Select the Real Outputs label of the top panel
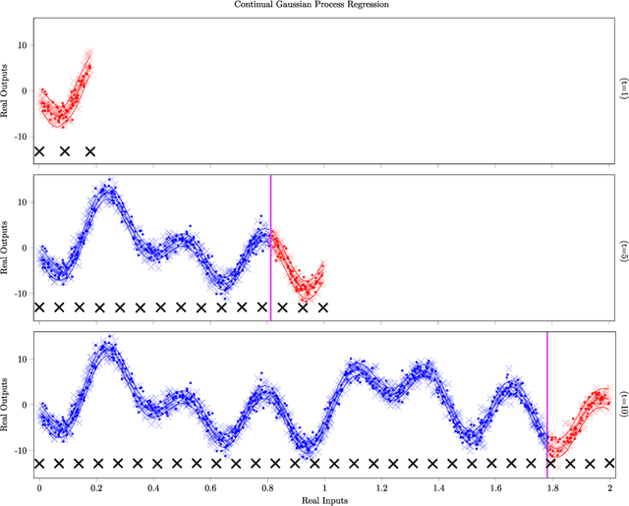point(9,89)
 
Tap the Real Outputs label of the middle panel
point(9,247)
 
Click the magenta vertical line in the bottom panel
point(547,393)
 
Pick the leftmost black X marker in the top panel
point(39,151)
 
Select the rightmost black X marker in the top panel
point(90,151)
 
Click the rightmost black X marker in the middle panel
point(323,308)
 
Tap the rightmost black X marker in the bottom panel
point(610,463)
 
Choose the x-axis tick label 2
point(610,486)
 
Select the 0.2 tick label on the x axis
point(96,486)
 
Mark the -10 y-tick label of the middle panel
point(22,293)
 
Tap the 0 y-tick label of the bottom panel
point(28,405)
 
